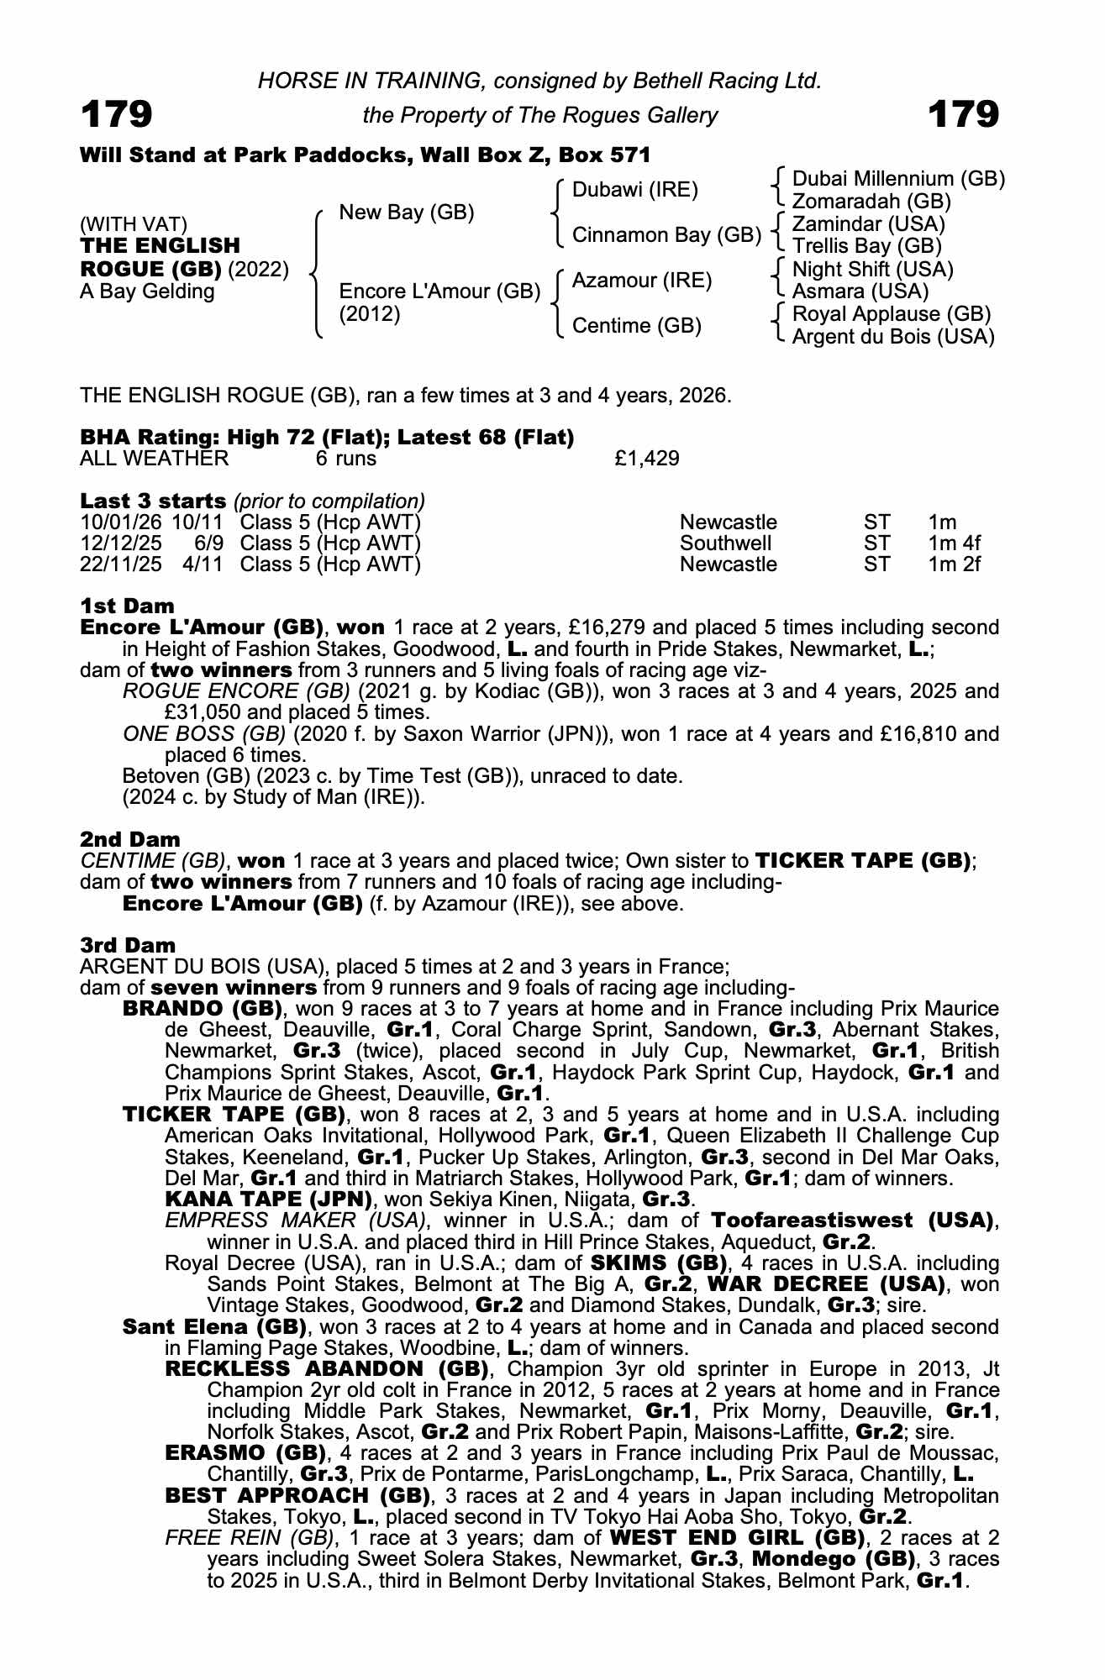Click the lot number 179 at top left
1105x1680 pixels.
coord(117,114)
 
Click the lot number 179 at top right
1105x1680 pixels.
coord(964,114)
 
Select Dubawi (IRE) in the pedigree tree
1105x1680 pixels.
coord(634,190)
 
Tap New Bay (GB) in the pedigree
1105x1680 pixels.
coord(406,213)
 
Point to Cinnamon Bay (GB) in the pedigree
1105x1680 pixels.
coord(666,235)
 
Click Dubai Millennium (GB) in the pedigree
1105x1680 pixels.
coord(898,179)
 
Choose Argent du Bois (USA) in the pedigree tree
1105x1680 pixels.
coord(893,337)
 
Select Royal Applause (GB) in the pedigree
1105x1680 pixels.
coord(892,314)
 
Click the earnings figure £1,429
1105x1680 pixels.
coord(647,459)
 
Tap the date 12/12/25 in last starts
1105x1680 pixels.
coord(121,543)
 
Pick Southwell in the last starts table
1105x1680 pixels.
coord(725,543)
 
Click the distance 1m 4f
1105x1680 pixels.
coord(954,543)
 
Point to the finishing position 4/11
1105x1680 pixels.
coord(203,564)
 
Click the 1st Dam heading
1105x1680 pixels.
coord(128,606)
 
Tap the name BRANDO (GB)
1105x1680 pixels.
coord(202,1008)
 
